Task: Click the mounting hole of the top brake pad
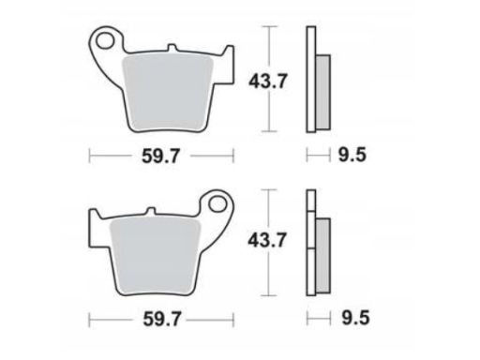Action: click(x=104, y=41)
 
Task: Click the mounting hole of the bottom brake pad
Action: click(x=217, y=204)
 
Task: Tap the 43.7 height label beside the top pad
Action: click(x=267, y=82)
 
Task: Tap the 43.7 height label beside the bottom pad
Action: click(x=267, y=241)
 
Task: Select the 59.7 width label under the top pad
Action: click(x=161, y=156)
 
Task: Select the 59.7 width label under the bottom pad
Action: click(x=162, y=319)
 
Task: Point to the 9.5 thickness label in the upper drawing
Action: click(x=352, y=155)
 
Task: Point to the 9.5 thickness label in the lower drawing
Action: click(x=355, y=318)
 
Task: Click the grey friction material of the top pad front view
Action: click(x=168, y=91)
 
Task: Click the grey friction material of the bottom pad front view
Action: click(x=155, y=255)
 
